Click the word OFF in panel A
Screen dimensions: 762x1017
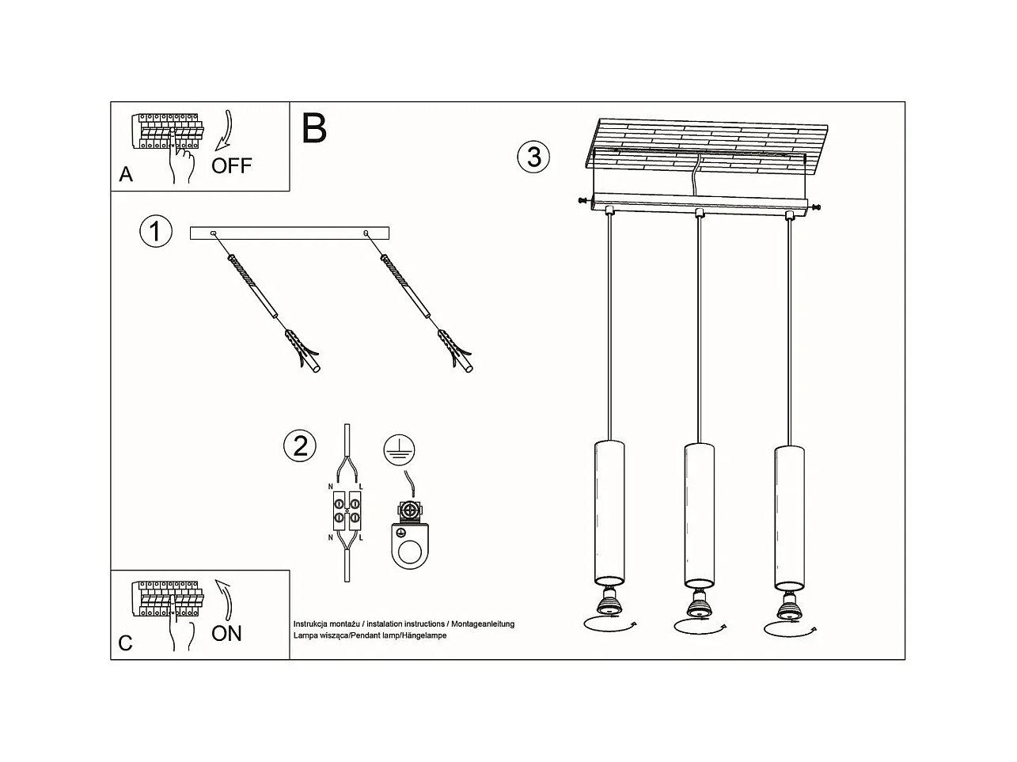coord(231,165)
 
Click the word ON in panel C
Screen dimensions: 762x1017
coord(226,633)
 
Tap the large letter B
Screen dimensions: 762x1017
coord(314,128)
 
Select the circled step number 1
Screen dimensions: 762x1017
coord(155,231)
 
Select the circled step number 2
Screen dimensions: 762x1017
coord(300,446)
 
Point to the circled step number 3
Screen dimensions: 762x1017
coord(534,157)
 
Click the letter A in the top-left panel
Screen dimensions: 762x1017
coord(126,175)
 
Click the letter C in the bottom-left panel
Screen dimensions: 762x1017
coord(125,643)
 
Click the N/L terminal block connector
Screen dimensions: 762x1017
coord(347,510)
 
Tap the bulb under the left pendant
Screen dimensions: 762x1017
coord(609,605)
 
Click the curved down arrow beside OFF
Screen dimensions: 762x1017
coord(226,130)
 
